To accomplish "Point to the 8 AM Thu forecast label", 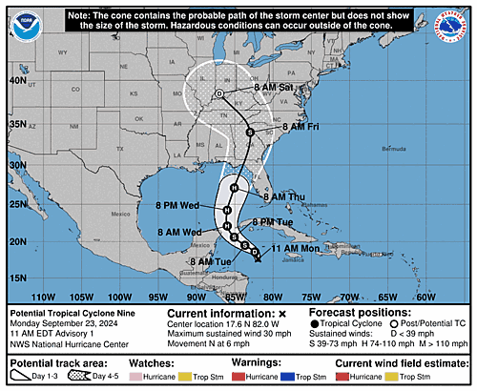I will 283,197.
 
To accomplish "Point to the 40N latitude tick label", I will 16,81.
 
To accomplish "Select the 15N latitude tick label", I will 16,278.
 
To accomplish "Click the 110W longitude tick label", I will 42,297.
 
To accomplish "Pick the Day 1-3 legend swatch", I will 26,378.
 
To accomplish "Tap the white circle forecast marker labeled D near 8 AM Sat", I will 218,93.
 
